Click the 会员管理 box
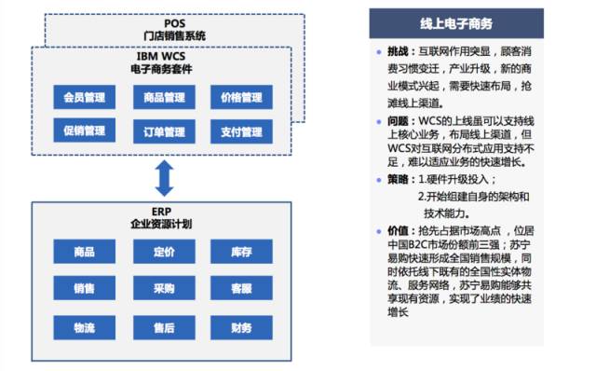(x=84, y=97)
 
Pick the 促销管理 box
(x=84, y=131)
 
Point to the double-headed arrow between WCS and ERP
(x=164, y=177)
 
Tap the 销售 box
(x=84, y=289)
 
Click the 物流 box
(x=84, y=327)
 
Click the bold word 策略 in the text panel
(x=398, y=178)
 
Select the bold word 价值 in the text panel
(x=398, y=229)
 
